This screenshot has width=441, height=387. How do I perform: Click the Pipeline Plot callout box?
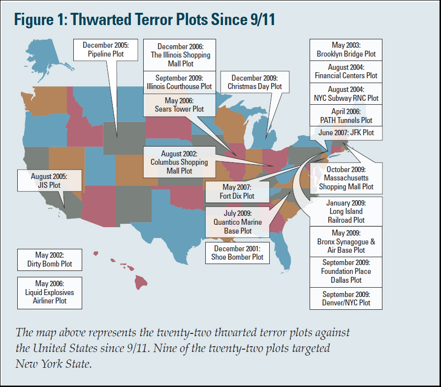pos(105,50)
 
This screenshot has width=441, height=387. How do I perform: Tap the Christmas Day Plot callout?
pos(254,82)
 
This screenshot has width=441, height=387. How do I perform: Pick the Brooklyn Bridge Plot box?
pos(346,50)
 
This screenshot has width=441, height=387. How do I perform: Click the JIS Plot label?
pos(49,180)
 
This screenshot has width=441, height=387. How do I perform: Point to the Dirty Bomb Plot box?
pos(49,260)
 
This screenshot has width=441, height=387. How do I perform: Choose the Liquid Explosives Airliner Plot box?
pos(49,293)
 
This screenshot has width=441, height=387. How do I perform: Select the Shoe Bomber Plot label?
pos(237,252)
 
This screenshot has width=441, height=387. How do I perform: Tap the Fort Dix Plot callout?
pos(237,191)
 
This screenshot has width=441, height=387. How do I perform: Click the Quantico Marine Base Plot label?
pos(238,222)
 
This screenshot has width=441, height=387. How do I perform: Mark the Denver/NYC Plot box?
pos(346,298)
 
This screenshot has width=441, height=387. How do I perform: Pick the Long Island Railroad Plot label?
pos(346,211)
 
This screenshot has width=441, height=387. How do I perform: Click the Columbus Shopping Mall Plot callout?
pos(179,162)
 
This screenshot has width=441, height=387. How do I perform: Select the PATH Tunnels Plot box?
pos(346,116)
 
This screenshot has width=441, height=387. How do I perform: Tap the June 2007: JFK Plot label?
pos(346,133)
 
